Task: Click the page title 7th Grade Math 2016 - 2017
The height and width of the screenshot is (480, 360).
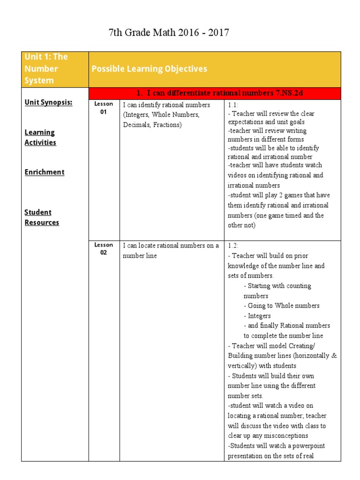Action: (169, 33)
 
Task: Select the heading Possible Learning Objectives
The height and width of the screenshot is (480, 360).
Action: (149, 69)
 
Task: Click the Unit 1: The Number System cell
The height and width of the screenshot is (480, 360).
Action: (46, 68)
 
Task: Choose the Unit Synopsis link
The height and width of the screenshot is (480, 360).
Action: (48, 103)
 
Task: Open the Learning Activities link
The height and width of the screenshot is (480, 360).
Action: (40, 137)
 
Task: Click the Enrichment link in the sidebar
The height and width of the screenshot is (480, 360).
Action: (45, 172)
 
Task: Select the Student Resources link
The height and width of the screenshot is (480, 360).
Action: (42, 217)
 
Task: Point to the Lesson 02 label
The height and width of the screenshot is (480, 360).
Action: (104, 249)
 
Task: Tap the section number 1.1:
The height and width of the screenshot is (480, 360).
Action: (233, 105)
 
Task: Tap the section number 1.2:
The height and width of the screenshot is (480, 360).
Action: (234, 246)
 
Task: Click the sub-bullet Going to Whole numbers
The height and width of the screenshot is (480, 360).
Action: (282, 306)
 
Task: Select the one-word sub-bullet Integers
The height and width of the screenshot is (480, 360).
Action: (257, 316)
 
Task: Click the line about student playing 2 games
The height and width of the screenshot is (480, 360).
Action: (278, 195)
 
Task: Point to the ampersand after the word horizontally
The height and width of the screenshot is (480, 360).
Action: (334, 355)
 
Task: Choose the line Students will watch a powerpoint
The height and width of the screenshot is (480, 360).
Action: (277, 445)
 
